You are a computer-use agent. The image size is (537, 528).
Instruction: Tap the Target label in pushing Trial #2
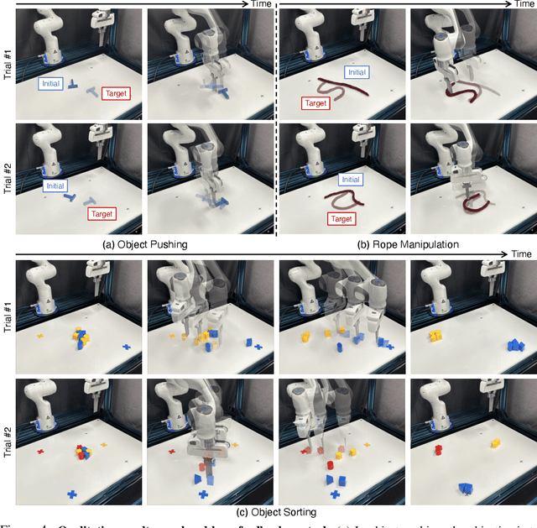point(102,215)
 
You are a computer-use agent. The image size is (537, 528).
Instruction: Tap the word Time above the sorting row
point(522,253)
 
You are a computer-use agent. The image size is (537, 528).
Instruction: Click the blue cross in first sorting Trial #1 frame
point(127,345)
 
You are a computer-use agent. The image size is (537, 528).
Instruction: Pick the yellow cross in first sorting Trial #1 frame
point(39,337)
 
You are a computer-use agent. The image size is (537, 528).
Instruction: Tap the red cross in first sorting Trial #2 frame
point(39,452)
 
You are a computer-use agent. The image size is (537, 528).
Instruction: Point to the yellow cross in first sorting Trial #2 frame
point(105,445)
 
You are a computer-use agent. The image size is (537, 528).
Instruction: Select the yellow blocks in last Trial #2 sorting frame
point(496,442)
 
